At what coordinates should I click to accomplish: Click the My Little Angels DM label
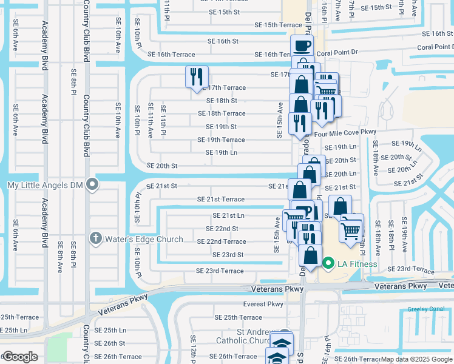[x=44, y=184]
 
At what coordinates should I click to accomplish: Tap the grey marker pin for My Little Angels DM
[x=92, y=184]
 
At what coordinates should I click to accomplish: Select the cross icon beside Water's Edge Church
[x=96, y=238]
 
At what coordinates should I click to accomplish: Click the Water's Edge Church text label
[x=144, y=239]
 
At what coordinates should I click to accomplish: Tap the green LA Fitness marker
[x=328, y=263]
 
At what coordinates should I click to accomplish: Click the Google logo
[x=20, y=356]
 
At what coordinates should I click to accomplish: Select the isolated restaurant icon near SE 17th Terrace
[x=197, y=77]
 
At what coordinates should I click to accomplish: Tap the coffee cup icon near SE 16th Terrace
[x=302, y=45]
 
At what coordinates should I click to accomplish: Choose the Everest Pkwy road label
[x=263, y=304]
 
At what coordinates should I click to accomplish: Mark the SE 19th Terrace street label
[x=225, y=140]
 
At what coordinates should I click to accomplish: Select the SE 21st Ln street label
[x=228, y=215]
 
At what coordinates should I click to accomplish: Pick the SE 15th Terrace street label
[x=278, y=25]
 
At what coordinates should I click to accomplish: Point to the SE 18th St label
[x=222, y=100]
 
